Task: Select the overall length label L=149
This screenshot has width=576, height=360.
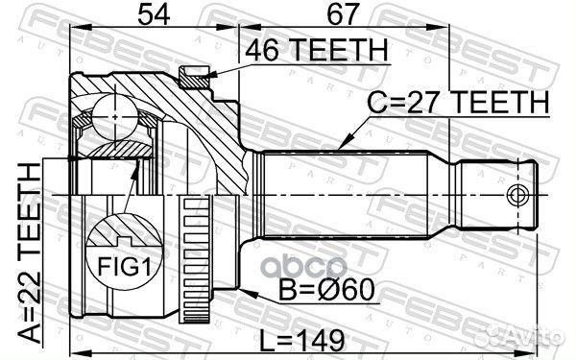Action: pos(306,336)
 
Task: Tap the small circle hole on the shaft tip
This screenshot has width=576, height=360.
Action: pos(517,196)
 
